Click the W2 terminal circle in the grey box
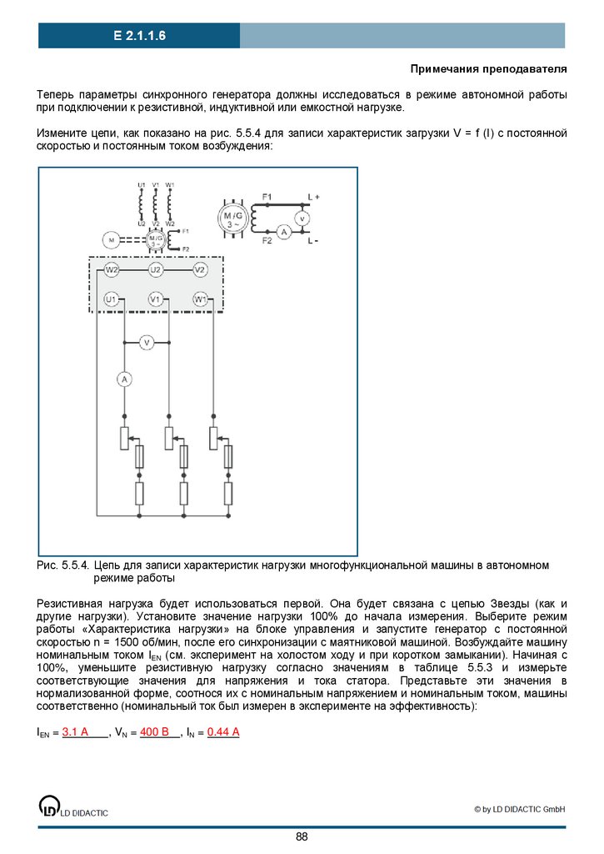(x=112, y=270)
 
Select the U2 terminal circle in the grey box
(x=156, y=270)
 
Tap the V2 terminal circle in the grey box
(x=200, y=270)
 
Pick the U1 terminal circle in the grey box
(x=112, y=299)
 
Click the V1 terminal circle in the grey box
(x=156, y=299)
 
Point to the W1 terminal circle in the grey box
(x=200, y=299)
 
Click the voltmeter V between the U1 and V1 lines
(x=147, y=342)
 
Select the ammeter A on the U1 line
(x=124, y=379)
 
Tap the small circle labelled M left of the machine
(x=109, y=240)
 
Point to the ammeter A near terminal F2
(x=283, y=233)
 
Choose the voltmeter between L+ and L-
(x=304, y=218)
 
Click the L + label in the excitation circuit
(x=314, y=197)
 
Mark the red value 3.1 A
(x=75, y=732)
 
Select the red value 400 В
(x=154, y=732)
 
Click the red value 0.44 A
(x=223, y=732)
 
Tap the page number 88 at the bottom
(x=302, y=836)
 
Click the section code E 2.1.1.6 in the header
(x=140, y=36)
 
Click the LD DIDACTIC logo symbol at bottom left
(x=49, y=806)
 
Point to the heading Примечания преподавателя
(x=488, y=68)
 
